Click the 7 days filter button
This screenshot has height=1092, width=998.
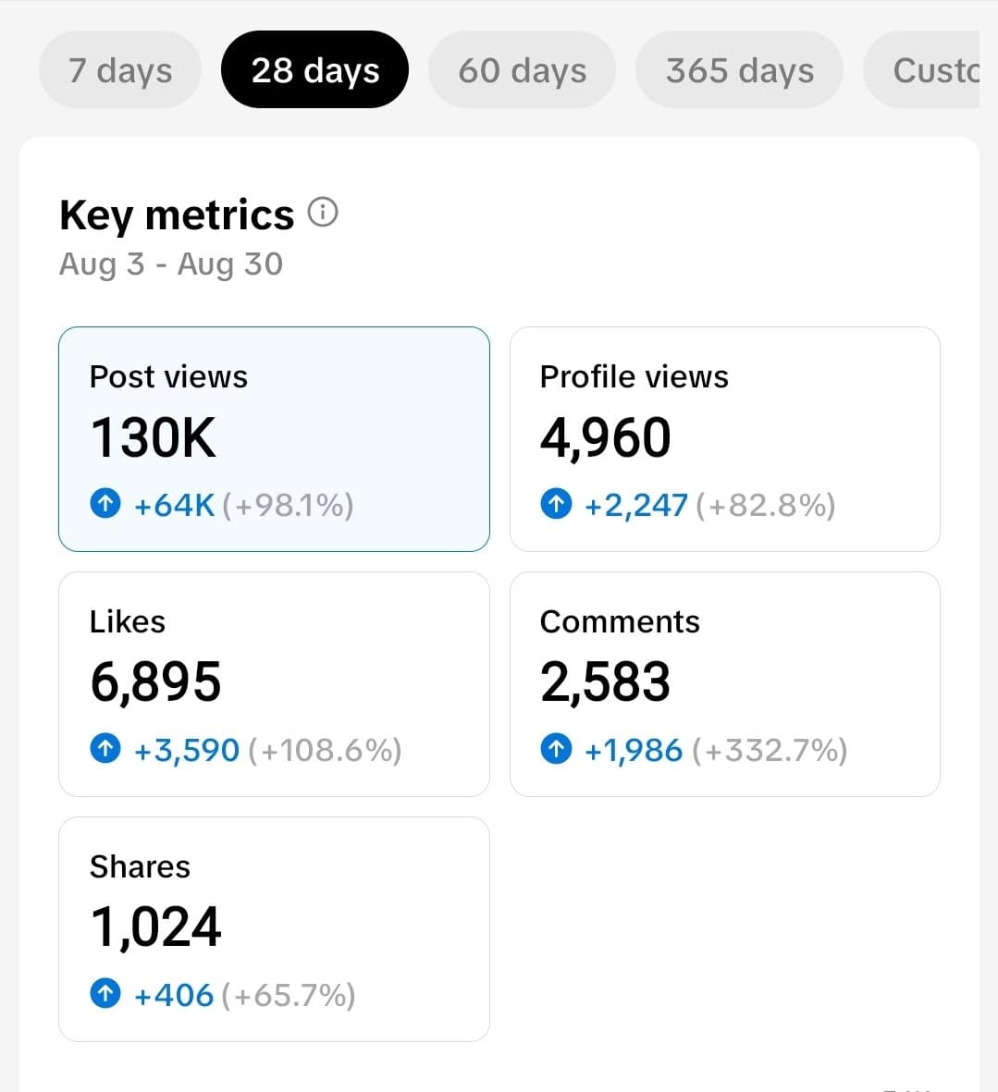[x=120, y=70]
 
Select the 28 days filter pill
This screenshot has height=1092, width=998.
[x=314, y=70]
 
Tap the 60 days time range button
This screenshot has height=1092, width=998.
[x=522, y=70]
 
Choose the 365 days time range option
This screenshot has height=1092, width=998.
[x=739, y=70]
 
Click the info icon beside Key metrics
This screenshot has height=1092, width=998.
[x=323, y=213]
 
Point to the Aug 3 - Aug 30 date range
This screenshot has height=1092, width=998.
[x=171, y=264]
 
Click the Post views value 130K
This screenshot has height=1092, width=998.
[x=154, y=437]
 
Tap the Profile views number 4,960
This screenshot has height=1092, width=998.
[x=605, y=437]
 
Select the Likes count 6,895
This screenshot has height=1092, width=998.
[x=155, y=682]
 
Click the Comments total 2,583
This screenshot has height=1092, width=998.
[x=605, y=682]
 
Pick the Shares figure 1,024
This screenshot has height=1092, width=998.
[x=155, y=927]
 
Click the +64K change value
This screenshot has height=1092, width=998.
[x=174, y=505]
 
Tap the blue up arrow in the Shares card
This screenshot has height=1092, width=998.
[x=105, y=994]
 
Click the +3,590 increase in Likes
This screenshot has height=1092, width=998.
[x=187, y=750]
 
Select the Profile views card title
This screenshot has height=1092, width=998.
[x=634, y=376]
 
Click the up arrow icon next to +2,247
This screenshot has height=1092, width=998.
[x=555, y=504]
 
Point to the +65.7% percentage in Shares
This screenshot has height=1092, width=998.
[x=289, y=995]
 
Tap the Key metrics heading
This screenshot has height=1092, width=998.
[x=177, y=215]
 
